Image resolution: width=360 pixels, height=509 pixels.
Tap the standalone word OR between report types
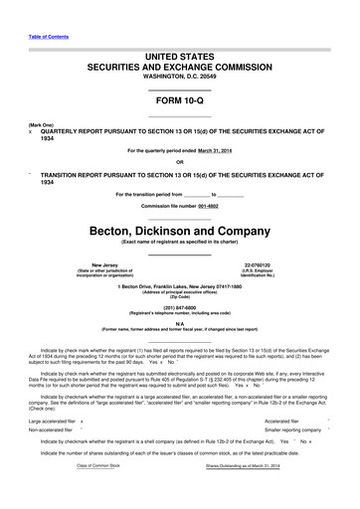pos(179,162)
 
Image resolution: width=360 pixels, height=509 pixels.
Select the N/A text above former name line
pos(179,323)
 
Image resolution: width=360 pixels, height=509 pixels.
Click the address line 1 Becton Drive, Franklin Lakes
pos(179,288)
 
